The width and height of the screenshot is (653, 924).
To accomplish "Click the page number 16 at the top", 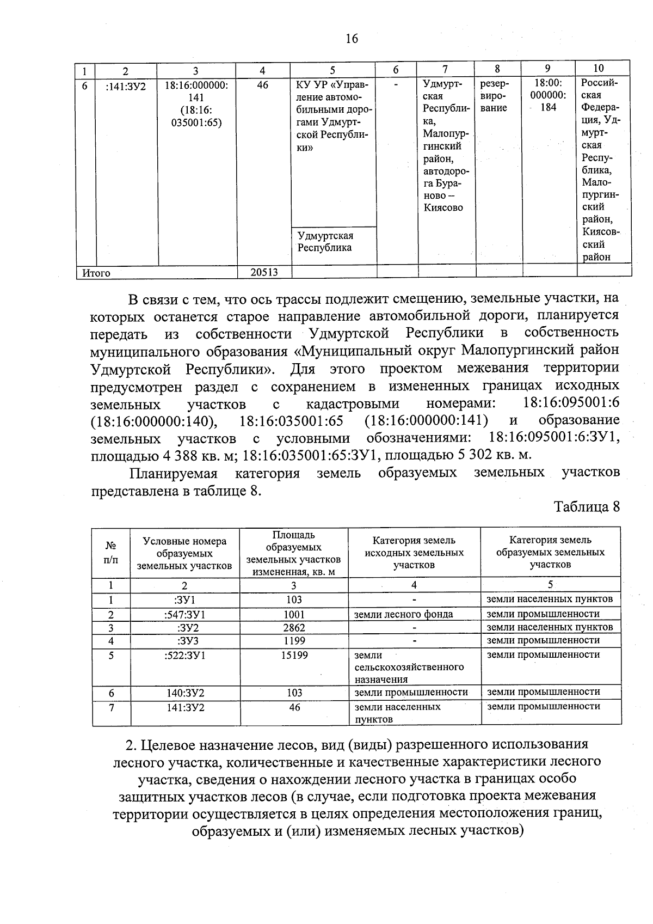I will click(352, 39).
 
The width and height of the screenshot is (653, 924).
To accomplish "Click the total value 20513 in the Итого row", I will click(264, 273).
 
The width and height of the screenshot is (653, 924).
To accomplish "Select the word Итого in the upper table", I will click(96, 273).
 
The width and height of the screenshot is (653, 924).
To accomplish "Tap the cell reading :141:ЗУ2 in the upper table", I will click(126, 86).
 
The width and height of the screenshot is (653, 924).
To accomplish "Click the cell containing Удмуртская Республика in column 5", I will click(325, 242).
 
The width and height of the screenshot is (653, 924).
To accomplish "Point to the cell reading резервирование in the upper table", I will click(495, 96).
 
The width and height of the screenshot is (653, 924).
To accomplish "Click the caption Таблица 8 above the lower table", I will click(587, 507).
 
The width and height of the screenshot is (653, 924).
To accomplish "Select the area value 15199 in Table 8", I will click(294, 656).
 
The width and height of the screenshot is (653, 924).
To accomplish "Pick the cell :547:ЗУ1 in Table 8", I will click(184, 615).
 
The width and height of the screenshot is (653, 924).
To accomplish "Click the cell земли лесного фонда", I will click(403, 615).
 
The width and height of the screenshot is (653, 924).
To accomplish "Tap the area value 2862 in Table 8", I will click(294, 628).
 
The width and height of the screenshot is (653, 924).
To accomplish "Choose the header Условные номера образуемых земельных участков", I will click(184, 553).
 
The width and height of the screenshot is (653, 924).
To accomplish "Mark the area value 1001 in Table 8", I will click(294, 615).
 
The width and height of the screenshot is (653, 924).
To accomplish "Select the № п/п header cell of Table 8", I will click(111, 553).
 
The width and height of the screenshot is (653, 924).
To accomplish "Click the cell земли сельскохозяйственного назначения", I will click(409, 667).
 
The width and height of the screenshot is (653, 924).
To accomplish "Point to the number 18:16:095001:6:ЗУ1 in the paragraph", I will click(554, 438).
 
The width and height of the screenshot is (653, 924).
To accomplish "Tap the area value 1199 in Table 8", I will click(294, 641).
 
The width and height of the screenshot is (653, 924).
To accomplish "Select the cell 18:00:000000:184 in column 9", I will click(548, 95).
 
